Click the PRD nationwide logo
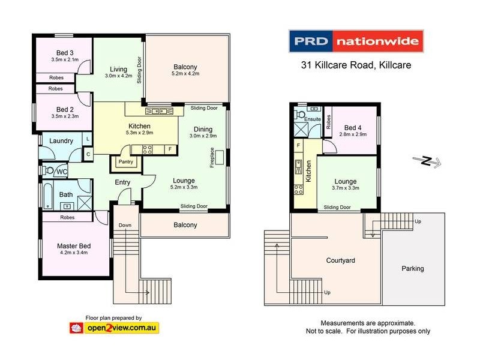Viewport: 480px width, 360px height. coord(357,42)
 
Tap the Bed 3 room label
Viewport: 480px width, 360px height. coord(62,52)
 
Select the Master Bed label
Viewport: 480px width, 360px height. coord(73,246)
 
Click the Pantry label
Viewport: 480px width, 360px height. coord(125,162)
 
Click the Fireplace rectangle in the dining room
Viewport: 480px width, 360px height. coord(220,157)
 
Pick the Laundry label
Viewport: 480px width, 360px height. coord(61,141)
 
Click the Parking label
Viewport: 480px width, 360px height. coord(412,268)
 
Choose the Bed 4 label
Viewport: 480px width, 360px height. coord(354,127)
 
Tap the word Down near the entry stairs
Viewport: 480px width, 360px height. coord(125,226)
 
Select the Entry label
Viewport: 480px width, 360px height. coord(123,182)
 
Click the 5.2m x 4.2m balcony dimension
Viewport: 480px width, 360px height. coord(185,74)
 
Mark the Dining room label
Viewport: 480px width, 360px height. coord(203,129)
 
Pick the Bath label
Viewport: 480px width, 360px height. coord(65,194)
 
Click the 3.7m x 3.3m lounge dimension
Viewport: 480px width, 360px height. coord(346,188)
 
